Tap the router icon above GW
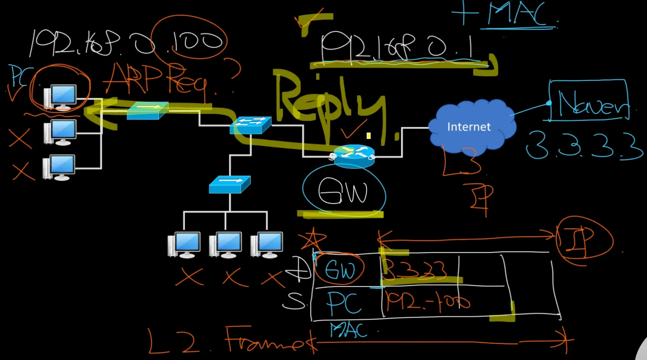[354, 155]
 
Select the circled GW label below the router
[343, 192]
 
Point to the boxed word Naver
[590, 101]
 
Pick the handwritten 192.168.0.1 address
[396, 47]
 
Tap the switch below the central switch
[229, 185]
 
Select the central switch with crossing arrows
[250, 125]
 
